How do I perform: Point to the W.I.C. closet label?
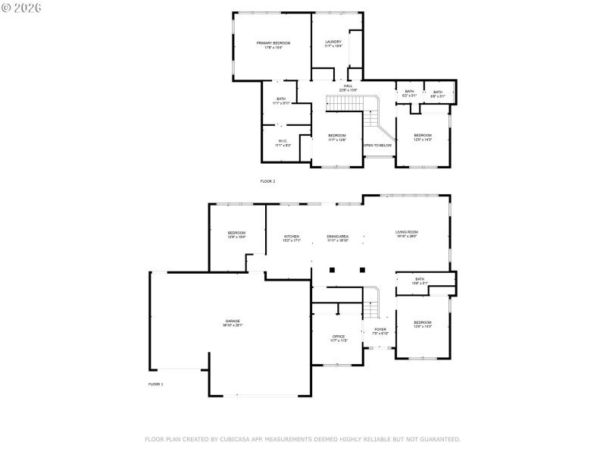click(282, 142)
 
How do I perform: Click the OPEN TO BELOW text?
click(377, 146)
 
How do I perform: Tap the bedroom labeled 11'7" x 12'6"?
click(337, 137)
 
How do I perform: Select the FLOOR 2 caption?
click(267, 182)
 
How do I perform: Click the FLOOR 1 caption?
click(155, 384)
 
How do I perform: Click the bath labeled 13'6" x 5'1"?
click(420, 281)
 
